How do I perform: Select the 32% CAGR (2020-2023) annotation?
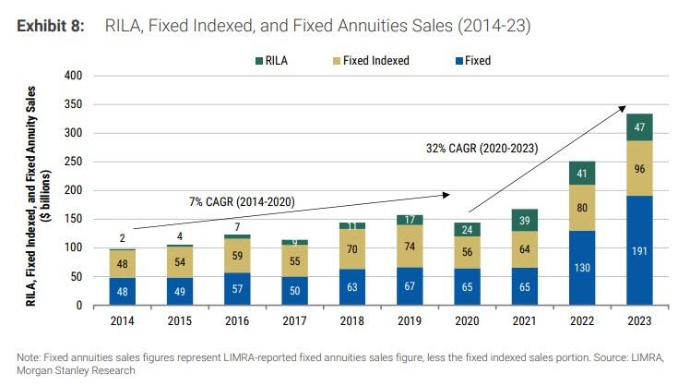tap(482, 148)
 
